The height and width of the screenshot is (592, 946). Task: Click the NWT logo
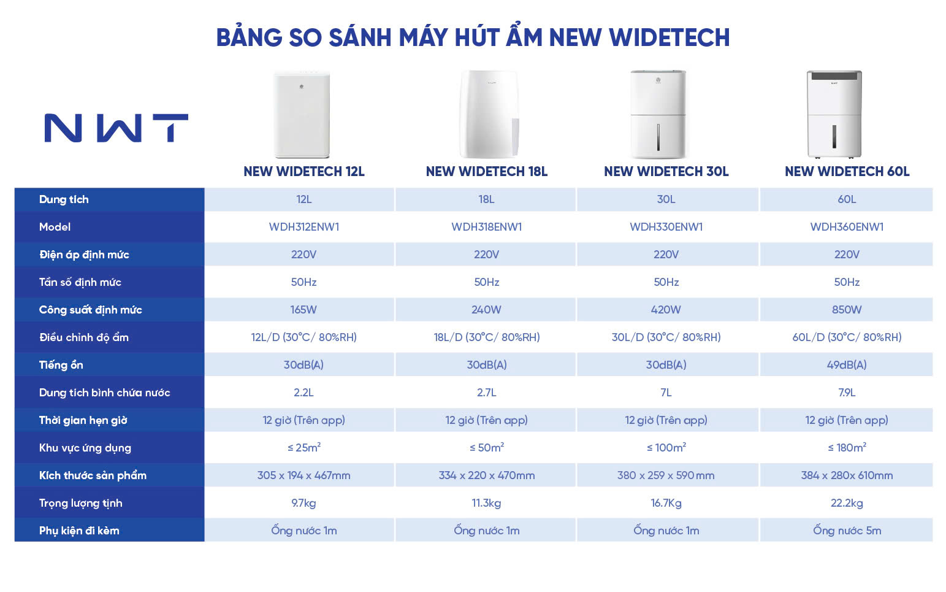116,128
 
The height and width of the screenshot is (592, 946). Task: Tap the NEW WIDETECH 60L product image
834,114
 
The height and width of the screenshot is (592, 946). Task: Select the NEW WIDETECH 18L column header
486,172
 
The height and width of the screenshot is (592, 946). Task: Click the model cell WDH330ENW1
666,227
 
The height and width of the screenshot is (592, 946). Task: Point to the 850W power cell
846,310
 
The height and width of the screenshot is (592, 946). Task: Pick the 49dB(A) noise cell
846,365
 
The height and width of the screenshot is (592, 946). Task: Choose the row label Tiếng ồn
61,365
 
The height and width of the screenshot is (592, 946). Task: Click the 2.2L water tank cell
303,393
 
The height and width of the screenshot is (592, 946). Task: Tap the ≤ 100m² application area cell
666,448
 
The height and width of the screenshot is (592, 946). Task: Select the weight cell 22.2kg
846,503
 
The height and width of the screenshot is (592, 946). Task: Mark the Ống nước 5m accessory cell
847,531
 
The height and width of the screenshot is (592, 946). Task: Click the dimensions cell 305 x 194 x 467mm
303,475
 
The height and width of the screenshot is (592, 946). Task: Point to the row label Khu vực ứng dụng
85,448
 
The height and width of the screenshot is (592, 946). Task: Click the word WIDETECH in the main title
669,37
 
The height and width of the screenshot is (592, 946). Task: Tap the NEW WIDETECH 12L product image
302,114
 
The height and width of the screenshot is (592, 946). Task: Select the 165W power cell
303,310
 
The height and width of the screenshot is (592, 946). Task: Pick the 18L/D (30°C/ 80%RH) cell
486,337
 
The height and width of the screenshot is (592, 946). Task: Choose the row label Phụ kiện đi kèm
79,531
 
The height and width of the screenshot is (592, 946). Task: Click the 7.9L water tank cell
846,393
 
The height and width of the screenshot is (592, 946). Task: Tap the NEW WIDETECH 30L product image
658,114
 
